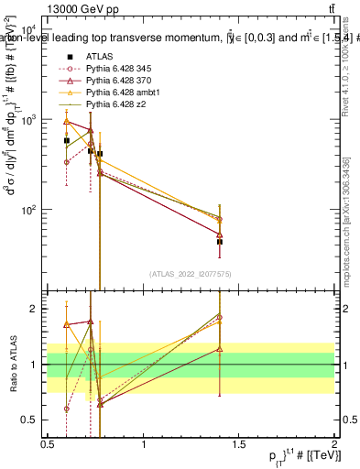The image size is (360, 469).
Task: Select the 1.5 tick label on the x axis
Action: (x=239, y=442)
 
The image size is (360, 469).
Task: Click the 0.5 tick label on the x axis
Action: (x=48, y=442)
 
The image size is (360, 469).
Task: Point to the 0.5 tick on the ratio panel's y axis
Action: (x=33, y=420)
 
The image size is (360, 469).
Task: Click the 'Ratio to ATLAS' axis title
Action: (x=12, y=364)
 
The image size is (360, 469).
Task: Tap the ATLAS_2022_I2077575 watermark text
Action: (x=191, y=275)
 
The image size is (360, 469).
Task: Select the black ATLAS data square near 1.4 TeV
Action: (x=220, y=242)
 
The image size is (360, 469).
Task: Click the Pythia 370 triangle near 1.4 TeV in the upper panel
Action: (x=220, y=234)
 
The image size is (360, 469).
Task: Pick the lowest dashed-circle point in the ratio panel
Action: (x=67, y=409)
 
